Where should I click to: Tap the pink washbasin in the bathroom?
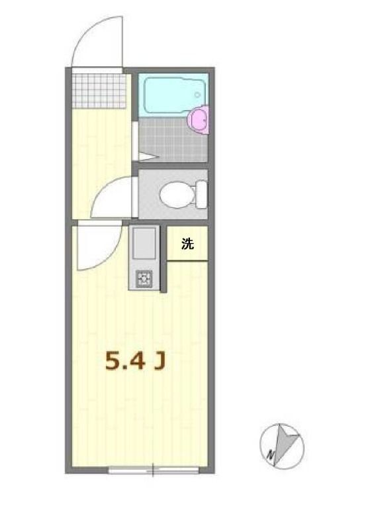[x=199, y=119]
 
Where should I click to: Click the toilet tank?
[x=201, y=194]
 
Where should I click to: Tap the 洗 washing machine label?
[x=187, y=244]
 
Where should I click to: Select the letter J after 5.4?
[x=160, y=360]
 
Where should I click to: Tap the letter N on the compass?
[x=271, y=455]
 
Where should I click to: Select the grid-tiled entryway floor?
[x=99, y=91]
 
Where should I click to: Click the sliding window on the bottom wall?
[x=154, y=471]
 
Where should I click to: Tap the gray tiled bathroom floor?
[x=169, y=140]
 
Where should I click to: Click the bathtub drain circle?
[x=197, y=95]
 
